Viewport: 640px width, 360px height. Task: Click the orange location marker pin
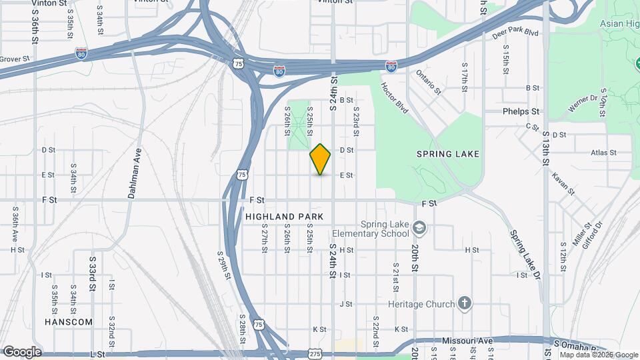click(321, 159)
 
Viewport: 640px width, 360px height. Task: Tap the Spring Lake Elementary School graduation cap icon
click(419, 228)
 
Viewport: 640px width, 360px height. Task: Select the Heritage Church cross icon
click(465, 304)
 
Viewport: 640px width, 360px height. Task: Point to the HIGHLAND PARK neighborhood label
click(284, 217)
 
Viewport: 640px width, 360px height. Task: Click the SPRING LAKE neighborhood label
click(448, 154)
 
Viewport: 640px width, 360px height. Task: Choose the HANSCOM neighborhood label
click(69, 321)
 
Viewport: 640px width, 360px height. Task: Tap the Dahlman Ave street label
click(131, 174)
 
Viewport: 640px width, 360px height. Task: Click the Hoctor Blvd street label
click(393, 97)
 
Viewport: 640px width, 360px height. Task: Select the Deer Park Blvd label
click(515, 33)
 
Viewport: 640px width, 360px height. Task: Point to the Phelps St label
click(521, 111)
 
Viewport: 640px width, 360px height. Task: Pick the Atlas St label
click(603, 153)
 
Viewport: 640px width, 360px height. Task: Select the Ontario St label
click(429, 81)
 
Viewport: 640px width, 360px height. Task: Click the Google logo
click(21, 352)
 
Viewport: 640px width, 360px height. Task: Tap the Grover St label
click(15, 59)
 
